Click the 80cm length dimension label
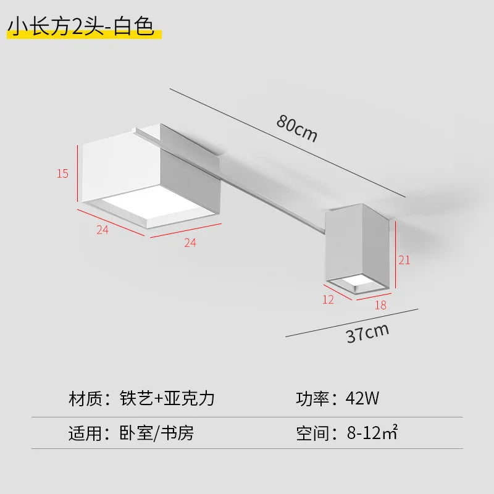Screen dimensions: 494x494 tap(297, 128)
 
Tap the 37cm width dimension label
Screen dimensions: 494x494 tap(367, 333)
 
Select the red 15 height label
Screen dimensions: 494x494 tap(63, 174)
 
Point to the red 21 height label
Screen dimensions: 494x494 tap(404, 260)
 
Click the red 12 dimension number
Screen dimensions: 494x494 tap(328, 299)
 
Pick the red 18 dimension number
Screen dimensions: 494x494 tap(380, 305)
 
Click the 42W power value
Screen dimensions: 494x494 tap(362, 398)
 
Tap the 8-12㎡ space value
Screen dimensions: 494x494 tap(372, 433)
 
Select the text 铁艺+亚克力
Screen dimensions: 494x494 tap(167, 398)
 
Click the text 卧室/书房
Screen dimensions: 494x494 tap(157, 433)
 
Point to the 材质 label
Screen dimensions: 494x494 tap(85, 398)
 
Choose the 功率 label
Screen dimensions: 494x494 tap(312, 398)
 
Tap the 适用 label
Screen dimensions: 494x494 tap(85, 433)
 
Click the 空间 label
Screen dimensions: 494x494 tap(312, 433)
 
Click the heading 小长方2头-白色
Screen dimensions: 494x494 tap(81, 27)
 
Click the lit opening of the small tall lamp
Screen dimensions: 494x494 tap(359, 281)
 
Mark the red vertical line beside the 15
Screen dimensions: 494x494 tap(78, 174)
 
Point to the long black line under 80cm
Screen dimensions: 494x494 tap(288, 143)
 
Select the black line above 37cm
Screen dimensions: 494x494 tap(351, 323)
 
